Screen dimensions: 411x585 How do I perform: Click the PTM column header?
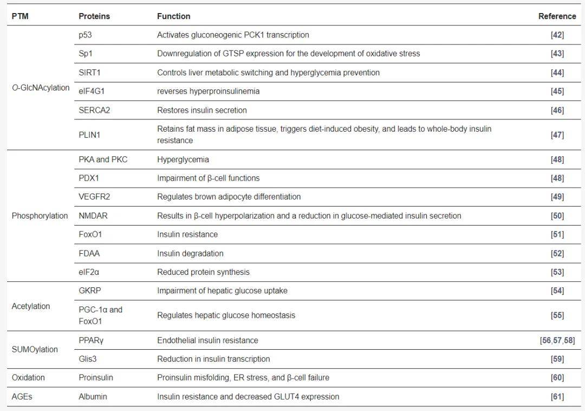pos(20,16)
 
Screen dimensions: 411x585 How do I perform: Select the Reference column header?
pos(557,16)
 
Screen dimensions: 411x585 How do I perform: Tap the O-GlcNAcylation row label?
pos(41,87)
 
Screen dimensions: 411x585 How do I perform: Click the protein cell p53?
pos(86,35)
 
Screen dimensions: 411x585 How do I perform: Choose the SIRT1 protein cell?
pos(89,72)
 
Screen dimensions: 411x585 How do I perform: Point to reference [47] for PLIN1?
pos(557,134)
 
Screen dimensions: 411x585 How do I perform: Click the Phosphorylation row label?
pos(40,216)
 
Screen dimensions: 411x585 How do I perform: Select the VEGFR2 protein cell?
pos(94,197)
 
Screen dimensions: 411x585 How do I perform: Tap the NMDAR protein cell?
pos(93,216)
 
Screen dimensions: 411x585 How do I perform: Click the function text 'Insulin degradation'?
pos(190,253)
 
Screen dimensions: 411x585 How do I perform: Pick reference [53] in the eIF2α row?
pos(557,272)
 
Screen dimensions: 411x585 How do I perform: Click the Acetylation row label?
pos(31,306)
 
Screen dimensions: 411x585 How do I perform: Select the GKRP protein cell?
pos(90,291)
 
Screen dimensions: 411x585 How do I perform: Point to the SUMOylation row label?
pos(35,349)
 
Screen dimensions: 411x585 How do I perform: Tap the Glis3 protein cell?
pos(88,359)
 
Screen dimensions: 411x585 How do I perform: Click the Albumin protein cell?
pos(93,396)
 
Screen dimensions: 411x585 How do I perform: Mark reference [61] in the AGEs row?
pos(557,396)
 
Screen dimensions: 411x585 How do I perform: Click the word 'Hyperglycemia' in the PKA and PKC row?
pos(183,159)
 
